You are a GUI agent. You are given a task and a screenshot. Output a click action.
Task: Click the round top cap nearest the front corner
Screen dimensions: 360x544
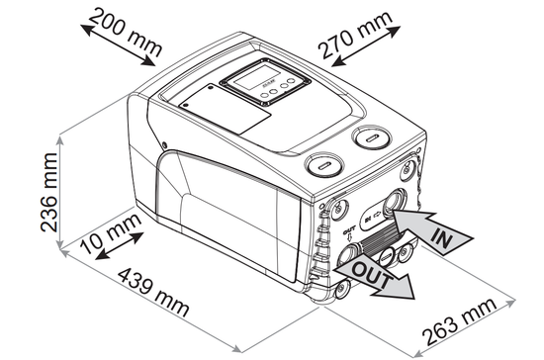[322, 165]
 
